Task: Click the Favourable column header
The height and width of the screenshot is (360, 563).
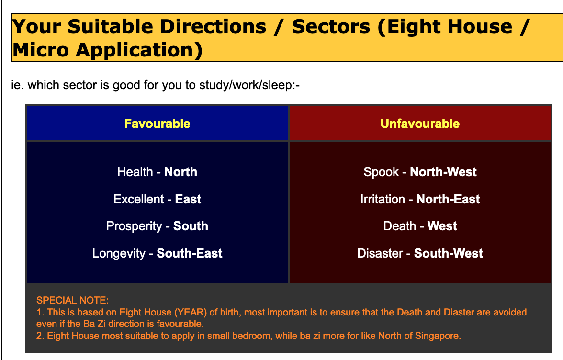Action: coord(157,124)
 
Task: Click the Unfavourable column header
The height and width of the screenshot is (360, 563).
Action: coord(420,124)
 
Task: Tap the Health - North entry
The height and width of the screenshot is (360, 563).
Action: coord(157,172)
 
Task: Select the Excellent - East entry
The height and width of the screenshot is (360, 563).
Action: coord(157,199)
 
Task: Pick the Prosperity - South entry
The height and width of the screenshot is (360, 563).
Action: coord(157,226)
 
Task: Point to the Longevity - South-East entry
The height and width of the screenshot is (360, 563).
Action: coord(157,253)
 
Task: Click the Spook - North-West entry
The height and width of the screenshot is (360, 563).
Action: coord(420,172)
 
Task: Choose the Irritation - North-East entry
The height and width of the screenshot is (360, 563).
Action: coord(420,199)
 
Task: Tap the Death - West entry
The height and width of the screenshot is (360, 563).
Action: coord(420,226)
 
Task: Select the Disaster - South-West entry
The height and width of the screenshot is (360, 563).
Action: coord(420,253)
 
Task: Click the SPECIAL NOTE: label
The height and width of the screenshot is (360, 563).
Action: coord(73,300)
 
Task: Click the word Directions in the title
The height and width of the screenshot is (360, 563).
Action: coord(213,26)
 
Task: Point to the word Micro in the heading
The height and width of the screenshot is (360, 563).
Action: coord(41,49)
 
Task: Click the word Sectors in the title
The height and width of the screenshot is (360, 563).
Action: coord(331,26)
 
